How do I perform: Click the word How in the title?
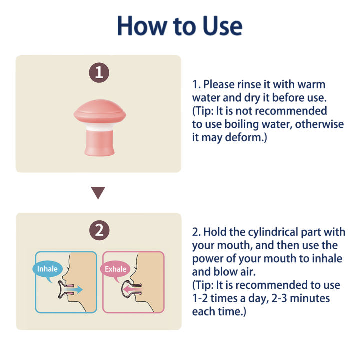(142, 25)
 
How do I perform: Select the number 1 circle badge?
(99, 73)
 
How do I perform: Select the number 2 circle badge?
(99, 230)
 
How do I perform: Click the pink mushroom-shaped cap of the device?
(100, 112)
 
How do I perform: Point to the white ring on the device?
(100, 127)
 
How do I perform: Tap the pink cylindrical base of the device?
(100, 143)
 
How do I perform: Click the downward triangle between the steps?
(98, 193)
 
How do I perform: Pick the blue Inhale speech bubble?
(47, 270)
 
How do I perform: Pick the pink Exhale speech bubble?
(115, 270)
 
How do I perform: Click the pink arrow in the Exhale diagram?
(132, 289)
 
